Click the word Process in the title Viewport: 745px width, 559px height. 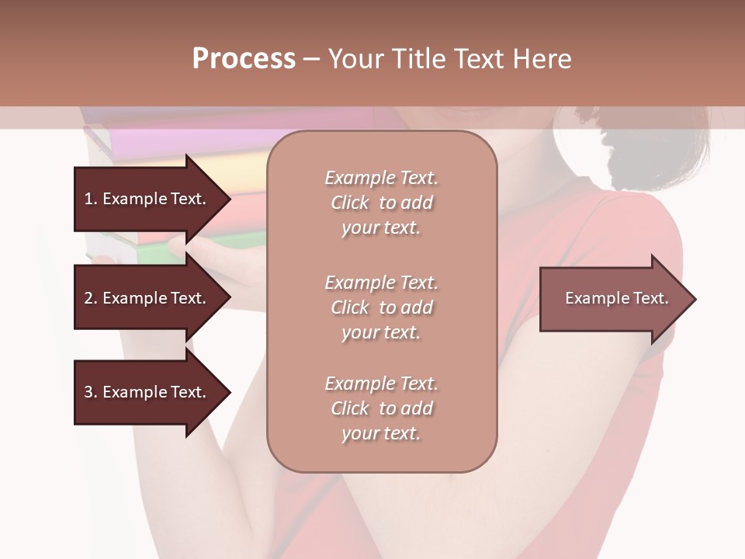coord(244,59)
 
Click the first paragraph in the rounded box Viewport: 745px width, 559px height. coord(381,203)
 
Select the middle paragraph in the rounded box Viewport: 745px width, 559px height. coord(381,307)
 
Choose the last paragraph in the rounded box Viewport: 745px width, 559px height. coord(381,408)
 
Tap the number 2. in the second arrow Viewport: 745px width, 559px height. coord(91,298)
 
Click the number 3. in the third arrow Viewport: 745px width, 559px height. coord(91,392)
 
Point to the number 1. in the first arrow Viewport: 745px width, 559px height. coord(91,199)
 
